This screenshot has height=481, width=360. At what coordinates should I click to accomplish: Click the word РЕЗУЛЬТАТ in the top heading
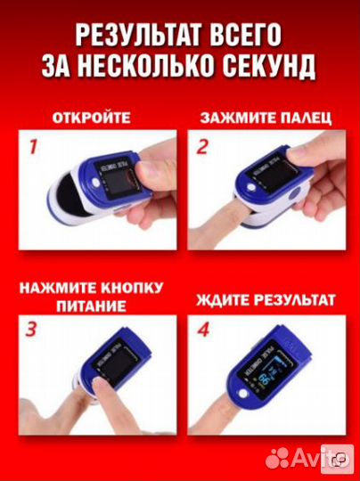pos(135,37)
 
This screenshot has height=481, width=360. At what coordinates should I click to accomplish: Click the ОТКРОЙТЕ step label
pos(91,117)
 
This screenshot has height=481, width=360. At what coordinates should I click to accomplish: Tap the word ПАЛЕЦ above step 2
pos(305,117)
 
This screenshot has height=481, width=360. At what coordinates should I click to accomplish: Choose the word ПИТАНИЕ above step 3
pos(91,306)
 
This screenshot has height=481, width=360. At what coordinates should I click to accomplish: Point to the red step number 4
pos(203,331)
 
